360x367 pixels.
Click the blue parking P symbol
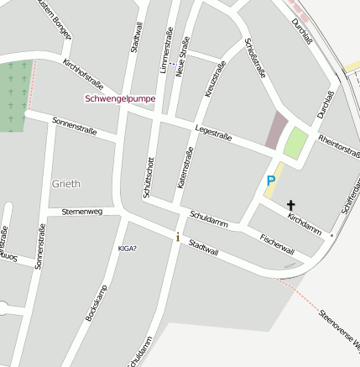click(x=271, y=181)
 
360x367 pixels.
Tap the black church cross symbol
click(x=291, y=204)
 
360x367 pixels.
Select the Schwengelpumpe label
click(x=120, y=98)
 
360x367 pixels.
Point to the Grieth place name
click(x=66, y=183)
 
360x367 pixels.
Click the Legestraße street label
click(x=212, y=132)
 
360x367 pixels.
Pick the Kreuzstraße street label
click(x=216, y=79)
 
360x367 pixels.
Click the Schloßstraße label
click(x=253, y=58)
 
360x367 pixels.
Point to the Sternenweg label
click(x=82, y=212)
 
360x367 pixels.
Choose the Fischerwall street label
click(x=277, y=244)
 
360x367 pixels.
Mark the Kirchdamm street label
click(x=304, y=223)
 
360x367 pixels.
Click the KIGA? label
click(x=127, y=248)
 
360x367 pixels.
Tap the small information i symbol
click(x=177, y=237)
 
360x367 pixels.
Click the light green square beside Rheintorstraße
click(x=295, y=143)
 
